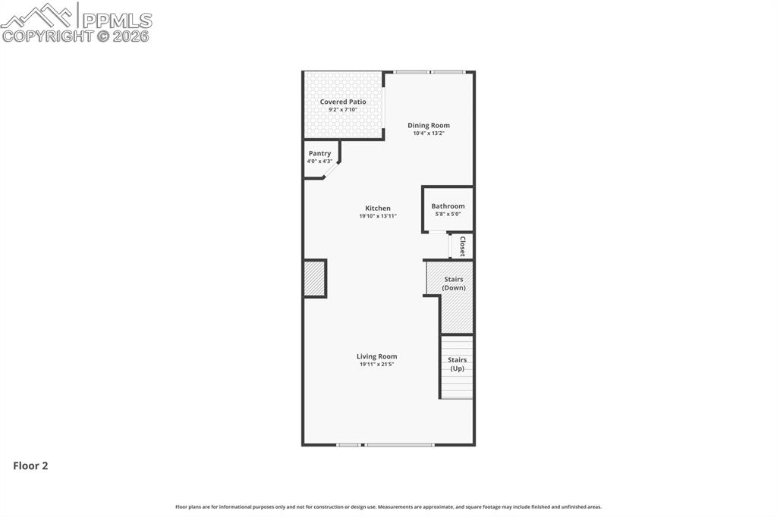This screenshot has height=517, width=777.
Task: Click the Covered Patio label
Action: pyautogui.click(x=343, y=102)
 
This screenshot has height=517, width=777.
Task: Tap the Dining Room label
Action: pyautogui.click(x=429, y=125)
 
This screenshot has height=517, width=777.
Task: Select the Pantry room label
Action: pyautogui.click(x=319, y=153)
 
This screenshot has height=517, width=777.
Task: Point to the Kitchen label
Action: pyautogui.click(x=378, y=208)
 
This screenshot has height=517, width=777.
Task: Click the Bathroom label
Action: pyautogui.click(x=448, y=206)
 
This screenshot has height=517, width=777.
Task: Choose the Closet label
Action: pyautogui.click(x=462, y=246)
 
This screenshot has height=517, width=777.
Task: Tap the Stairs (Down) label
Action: pyautogui.click(x=454, y=284)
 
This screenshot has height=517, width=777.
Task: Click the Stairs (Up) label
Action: pyautogui.click(x=457, y=364)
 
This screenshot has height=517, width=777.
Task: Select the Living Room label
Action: pyautogui.click(x=377, y=356)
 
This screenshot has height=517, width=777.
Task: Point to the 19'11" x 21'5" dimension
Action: pyautogui.click(x=377, y=365)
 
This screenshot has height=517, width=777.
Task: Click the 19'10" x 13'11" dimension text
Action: pyautogui.click(x=378, y=216)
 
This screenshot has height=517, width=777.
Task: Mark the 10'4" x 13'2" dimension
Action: pyautogui.click(x=429, y=133)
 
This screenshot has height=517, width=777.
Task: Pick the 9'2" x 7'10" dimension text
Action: pyautogui.click(x=343, y=110)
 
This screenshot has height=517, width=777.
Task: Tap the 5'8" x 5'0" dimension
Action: pyautogui.click(x=448, y=214)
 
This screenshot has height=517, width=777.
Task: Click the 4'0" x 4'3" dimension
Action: pyautogui.click(x=319, y=161)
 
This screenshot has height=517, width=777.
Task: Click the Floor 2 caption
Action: pyautogui.click(x=30, y=466)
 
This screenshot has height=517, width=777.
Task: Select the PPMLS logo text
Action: pyautogui.click(x=116, y=20)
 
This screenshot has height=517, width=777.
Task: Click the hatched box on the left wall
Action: pyautogui.click(x=314, y=278)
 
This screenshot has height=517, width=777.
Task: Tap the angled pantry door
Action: pyautogui.click(x=332, y=171)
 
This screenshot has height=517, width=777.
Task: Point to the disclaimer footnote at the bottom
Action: pyautogui.click(x=388, y=506)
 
